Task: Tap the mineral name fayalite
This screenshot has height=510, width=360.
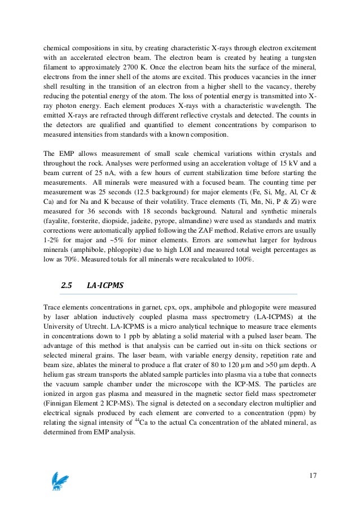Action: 58,219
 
